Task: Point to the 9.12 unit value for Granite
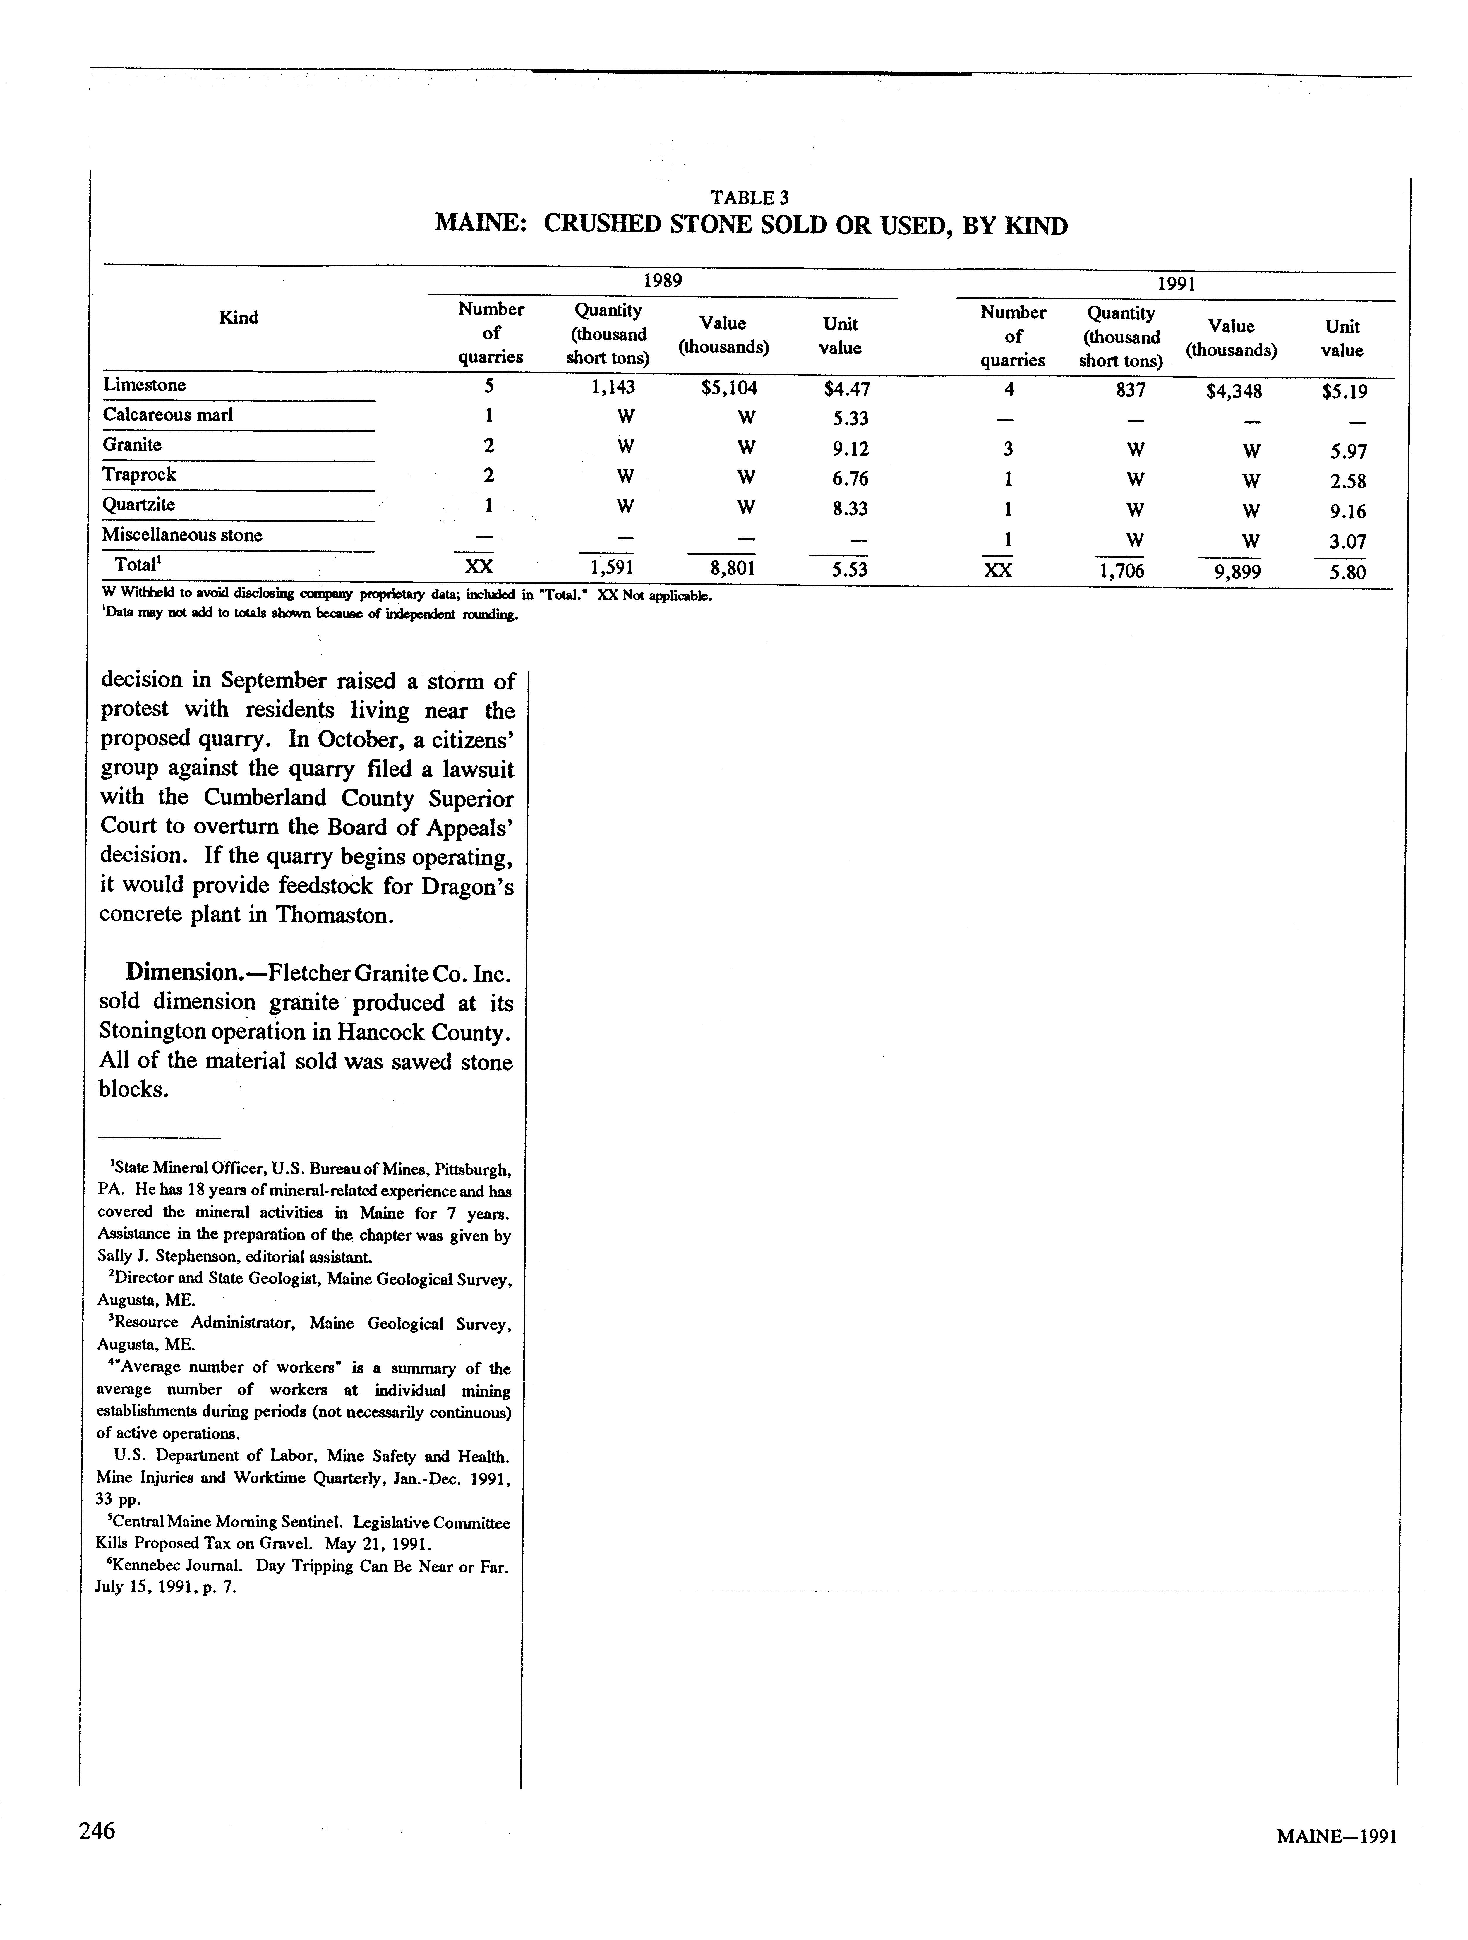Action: [851, 449]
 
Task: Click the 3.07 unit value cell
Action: [1347, 542]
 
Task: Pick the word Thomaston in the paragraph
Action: [333, 915]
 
